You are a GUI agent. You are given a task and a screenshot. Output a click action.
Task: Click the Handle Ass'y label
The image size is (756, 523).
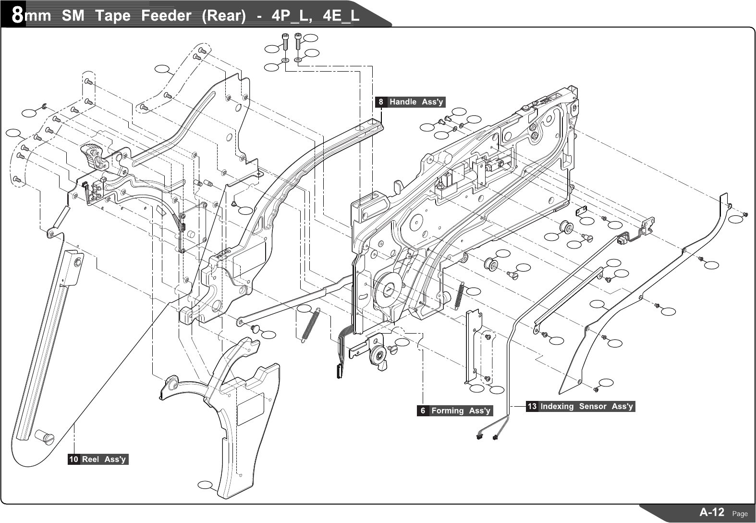(410, 102)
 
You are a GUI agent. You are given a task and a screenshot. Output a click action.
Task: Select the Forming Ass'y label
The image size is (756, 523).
(455, 411)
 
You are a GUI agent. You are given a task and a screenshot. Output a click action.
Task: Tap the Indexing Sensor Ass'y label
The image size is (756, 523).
(581, 406)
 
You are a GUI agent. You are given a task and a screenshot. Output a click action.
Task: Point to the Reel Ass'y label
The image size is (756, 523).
(98, 459)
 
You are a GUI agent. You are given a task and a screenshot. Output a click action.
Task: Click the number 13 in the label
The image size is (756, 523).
(532, 406)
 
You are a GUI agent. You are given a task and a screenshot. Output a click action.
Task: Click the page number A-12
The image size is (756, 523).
(712, 512)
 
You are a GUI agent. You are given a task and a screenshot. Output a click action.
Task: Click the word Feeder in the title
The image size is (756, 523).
(166, 15)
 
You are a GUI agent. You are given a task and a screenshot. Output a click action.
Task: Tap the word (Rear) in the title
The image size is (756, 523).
(224, 16)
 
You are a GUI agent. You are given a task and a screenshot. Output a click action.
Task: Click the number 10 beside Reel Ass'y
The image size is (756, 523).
(73, 459)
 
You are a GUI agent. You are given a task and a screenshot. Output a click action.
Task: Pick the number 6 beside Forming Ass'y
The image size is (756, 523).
(423, 411)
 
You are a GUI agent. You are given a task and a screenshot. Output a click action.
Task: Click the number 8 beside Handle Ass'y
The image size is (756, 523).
(381, 102)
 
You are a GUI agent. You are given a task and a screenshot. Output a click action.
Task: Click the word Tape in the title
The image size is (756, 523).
(113, 16)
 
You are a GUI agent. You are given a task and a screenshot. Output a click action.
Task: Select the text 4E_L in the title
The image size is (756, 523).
(341, 16)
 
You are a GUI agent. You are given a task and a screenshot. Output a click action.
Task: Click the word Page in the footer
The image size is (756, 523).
(740, 514)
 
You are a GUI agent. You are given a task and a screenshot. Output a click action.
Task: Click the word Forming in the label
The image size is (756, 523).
(448, 411)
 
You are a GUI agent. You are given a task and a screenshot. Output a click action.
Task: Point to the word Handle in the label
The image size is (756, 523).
(403, 102)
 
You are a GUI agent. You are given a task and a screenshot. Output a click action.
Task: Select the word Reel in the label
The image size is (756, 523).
(90, 459)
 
